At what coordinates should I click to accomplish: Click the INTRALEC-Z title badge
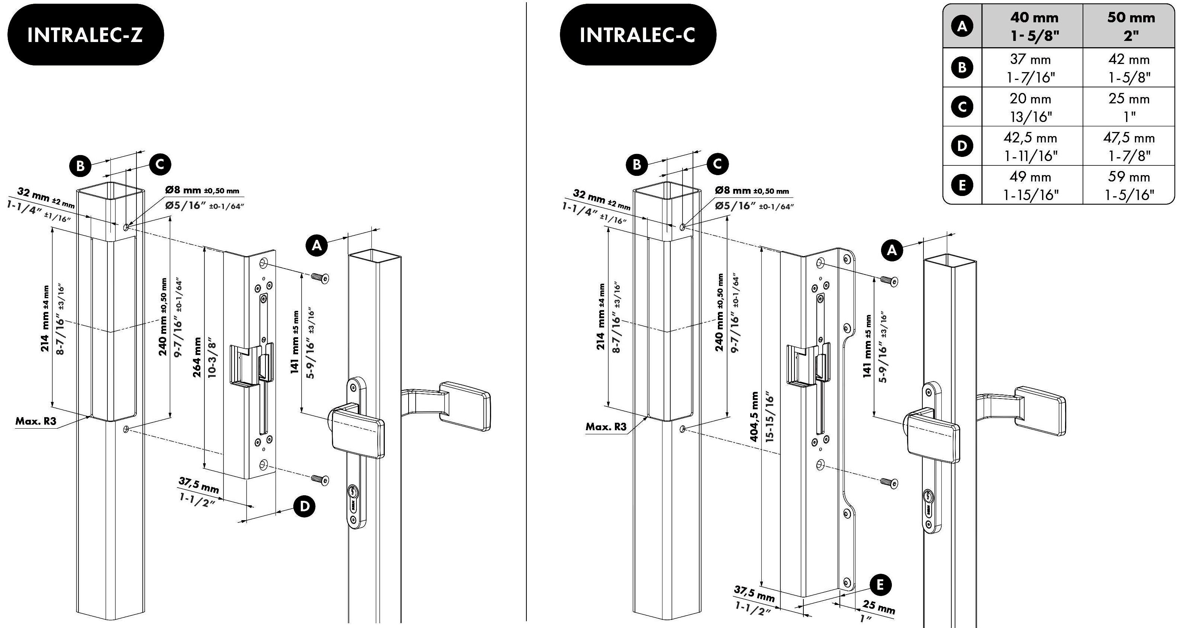pyautogui.click(x=86, y=35)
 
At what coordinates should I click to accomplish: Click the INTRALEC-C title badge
pyautogui.click(x=638, y=35)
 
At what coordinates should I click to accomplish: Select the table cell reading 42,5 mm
pyautogui.click(x=1031, y=138)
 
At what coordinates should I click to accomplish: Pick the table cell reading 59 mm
pyautogui.click(x=1129, y=177)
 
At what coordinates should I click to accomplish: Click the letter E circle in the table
pyautogui.click(x=962, y=185)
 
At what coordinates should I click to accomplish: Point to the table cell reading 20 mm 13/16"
pyautogui.click(x=1031, y=107)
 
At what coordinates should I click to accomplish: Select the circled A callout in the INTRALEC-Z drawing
pyautogui.click(x=317, y=246)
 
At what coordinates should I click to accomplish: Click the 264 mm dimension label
pyautogui.click(x=197, y=357)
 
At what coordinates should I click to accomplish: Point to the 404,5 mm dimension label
pyautogui.click(x=755, y=416)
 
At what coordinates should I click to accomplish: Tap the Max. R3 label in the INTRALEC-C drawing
pyautogui.click(x=606, y=426)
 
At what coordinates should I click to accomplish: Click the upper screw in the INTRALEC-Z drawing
pyautogui.click(x=320, y=277)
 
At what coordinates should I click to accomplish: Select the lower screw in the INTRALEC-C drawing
pyautogui.click(x=889, y=483)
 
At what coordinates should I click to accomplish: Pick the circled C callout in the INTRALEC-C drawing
pyautogui.click(x=717, y=164)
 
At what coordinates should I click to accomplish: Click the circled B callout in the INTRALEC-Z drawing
pyautogui.click(x=80, y=165)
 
